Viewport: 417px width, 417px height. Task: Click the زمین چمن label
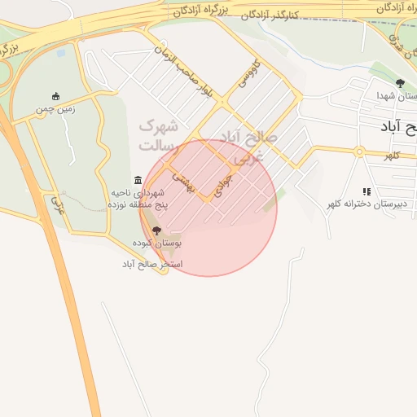(55, 108)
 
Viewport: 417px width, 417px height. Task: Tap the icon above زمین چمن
(55, 96)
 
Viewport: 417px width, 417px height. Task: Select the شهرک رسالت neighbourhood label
(158, 135)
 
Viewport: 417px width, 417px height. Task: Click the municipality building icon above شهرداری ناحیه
(137, 180)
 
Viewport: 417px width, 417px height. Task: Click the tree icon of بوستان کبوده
(157, 230)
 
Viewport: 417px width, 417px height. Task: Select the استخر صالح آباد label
(153, 265)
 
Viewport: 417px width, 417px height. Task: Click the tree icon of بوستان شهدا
(400, 83)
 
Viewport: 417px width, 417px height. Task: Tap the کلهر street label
(393, 155)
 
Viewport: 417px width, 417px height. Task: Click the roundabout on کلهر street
(358, 151)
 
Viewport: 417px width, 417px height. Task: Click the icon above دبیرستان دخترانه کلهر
(367, 191)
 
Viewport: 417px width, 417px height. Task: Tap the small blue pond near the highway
(61, 53)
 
